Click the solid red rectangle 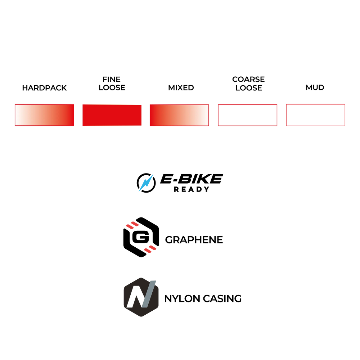point(112,115)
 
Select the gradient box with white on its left point(44,115)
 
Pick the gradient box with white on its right point(179,115)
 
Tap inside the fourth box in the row point(248,115)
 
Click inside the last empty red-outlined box point(315,115)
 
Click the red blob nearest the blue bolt point(132,225)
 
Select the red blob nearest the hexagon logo point(150,249)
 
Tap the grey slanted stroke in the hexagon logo point(149,293)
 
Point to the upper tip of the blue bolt point(153,174)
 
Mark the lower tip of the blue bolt point(139,192)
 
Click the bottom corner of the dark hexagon point(141,316)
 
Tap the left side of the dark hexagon point(124,297)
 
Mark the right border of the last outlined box point(345,115)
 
